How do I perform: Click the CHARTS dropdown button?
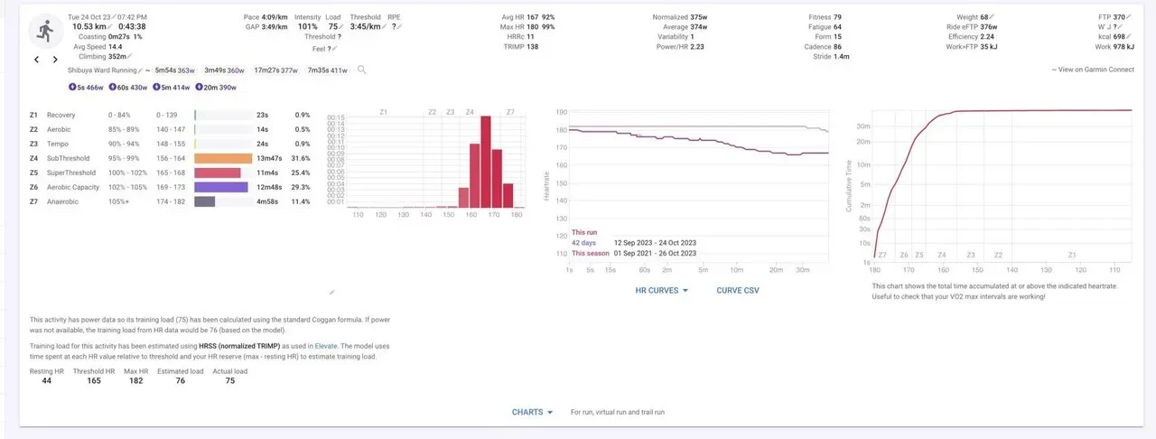(x=532, y=412)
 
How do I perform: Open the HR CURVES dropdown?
(x=662, y=290)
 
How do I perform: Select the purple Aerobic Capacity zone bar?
(x=221, y=187)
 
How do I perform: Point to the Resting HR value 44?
(x=47, y=380)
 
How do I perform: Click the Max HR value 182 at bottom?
(x=135, y=380)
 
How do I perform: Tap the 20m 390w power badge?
(x=217, y=87)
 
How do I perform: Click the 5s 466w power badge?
(x=87, y=87)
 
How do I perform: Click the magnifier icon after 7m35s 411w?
(x=362, y=70)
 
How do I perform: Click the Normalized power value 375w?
(x=698, y=17)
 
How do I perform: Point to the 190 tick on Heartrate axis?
(x=561, y=113)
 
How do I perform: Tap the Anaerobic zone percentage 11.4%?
(x=302, y=201)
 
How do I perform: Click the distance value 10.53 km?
(x=89, y=26)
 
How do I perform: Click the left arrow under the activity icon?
(x=36, y=60)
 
